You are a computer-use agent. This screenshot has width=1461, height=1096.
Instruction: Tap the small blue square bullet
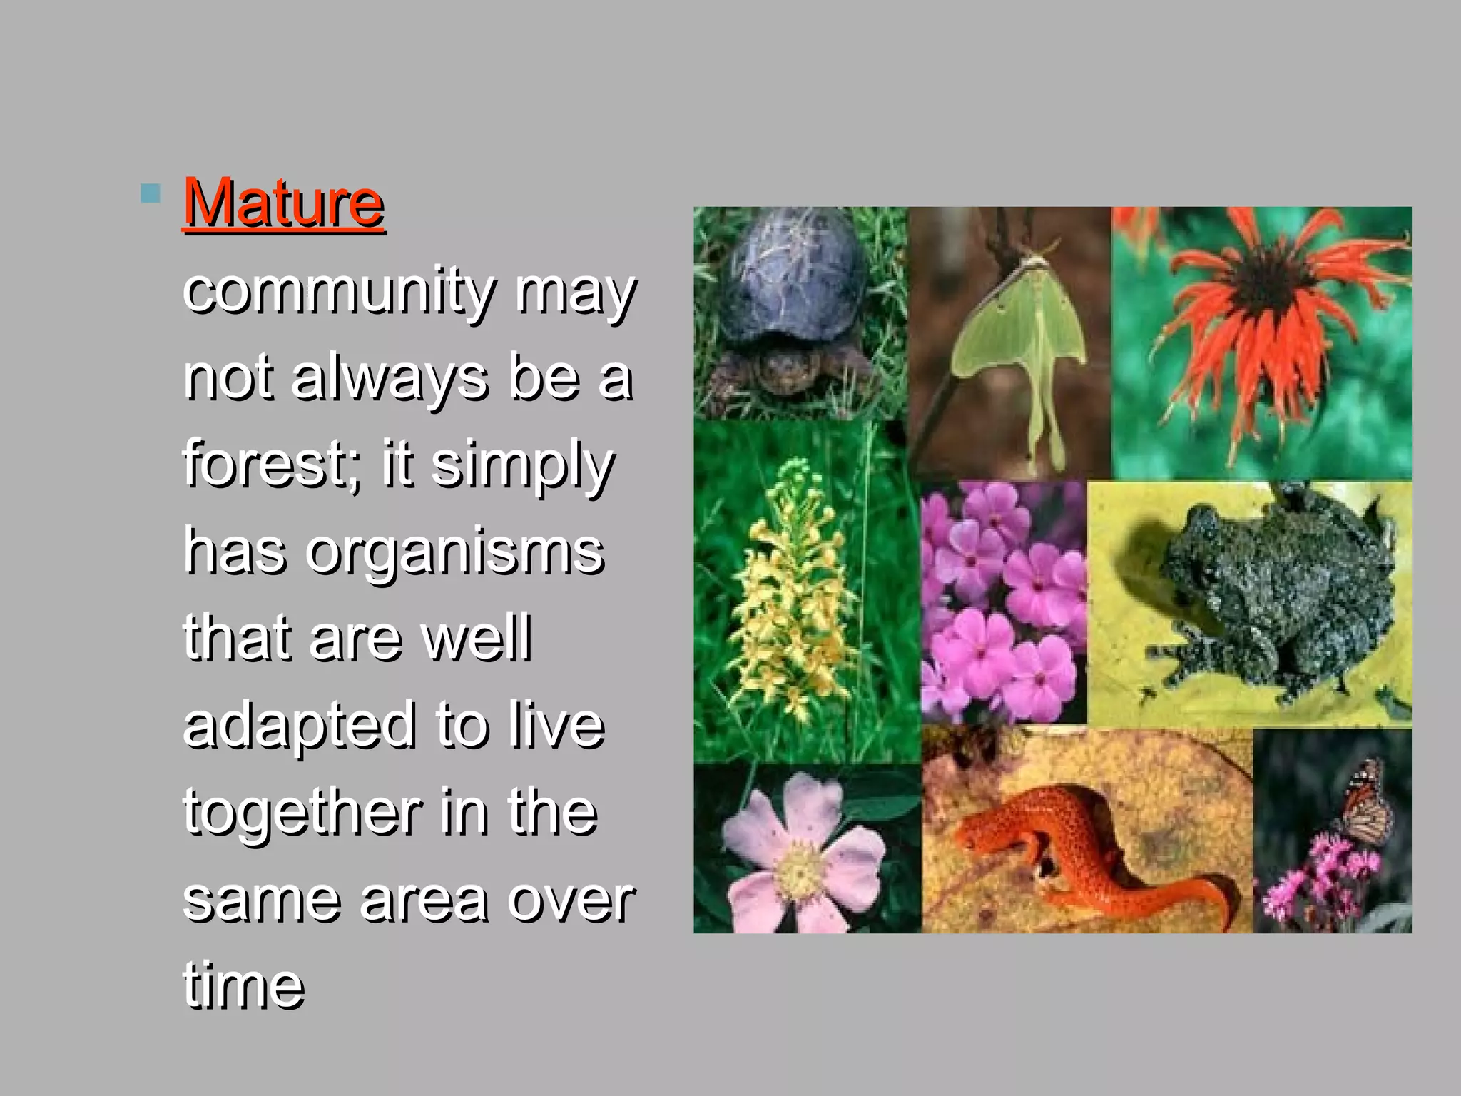[150, 193]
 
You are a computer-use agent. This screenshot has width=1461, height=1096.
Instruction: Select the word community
[339, 292]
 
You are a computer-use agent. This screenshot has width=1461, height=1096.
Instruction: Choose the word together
[302, 813]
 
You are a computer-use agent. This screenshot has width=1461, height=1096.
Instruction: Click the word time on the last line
[244, 986]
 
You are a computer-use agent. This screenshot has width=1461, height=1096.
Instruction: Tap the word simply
[522, 466]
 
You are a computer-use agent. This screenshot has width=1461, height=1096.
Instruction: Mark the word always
[390, 379]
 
